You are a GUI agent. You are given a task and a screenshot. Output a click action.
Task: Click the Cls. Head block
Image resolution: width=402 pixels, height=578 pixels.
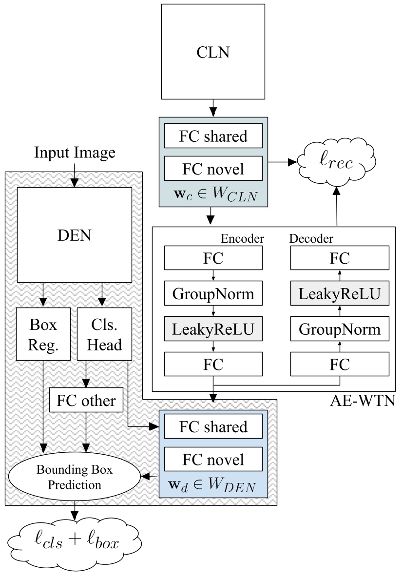click(x=104, y=334)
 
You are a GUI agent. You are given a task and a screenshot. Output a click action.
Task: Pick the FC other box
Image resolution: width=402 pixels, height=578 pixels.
click(x=86, y=400)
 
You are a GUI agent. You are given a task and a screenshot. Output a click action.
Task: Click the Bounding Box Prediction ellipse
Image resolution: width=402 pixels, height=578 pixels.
click(x=75, y=478)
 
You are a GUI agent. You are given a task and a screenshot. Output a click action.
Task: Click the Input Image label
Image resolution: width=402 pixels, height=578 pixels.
click(x=75, y=153)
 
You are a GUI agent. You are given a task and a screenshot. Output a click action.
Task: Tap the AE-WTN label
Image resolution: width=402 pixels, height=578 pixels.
click(x=362, y=402)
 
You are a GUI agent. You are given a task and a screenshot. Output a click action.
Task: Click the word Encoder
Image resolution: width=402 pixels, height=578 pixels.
click(x=242, y=238)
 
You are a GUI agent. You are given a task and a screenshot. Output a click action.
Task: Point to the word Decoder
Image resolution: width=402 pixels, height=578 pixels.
click(x=311, y=238)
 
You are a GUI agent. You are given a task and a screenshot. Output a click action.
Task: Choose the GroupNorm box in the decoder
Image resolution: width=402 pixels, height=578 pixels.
click(x=340, y=329)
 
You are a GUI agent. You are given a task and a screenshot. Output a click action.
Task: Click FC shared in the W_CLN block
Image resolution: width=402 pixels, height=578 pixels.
click(x=213, y=136)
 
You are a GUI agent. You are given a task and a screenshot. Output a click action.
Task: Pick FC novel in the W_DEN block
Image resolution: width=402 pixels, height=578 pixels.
click(x=213, y=459)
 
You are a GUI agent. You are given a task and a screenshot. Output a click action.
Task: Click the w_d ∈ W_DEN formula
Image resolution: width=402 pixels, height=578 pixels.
click(x=213, y=485)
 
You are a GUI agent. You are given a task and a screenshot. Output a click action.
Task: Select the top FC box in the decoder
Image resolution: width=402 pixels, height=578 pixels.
click(x=340, y=258)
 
